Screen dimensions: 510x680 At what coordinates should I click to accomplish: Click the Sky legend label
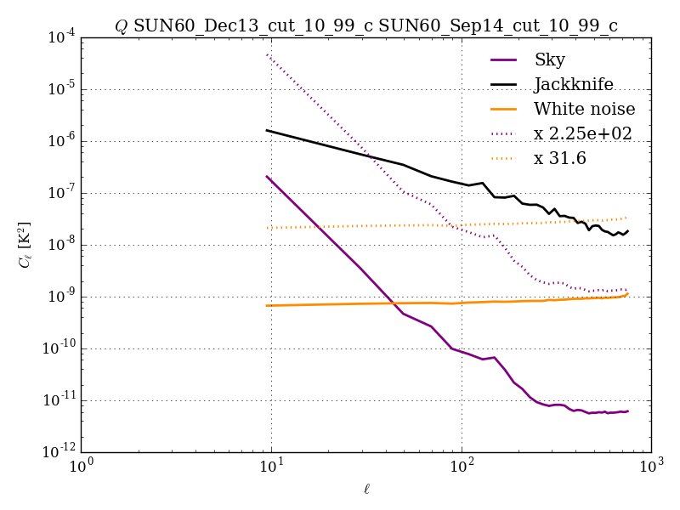[x=549, y=59]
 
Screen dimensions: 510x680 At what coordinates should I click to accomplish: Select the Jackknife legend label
[x=573, y=84]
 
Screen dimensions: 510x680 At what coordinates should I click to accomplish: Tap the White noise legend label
[x=584, y=109]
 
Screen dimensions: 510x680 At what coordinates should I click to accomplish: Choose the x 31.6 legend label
[x=560, y=158]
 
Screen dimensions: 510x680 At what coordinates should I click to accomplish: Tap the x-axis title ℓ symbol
[x=365, y=489]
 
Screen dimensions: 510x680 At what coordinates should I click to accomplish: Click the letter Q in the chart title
[x=121, y=26]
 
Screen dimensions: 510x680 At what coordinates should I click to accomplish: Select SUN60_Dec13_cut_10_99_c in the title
[x=252, y=26]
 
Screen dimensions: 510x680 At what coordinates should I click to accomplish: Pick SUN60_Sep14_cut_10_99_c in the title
[x=498, y=26]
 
